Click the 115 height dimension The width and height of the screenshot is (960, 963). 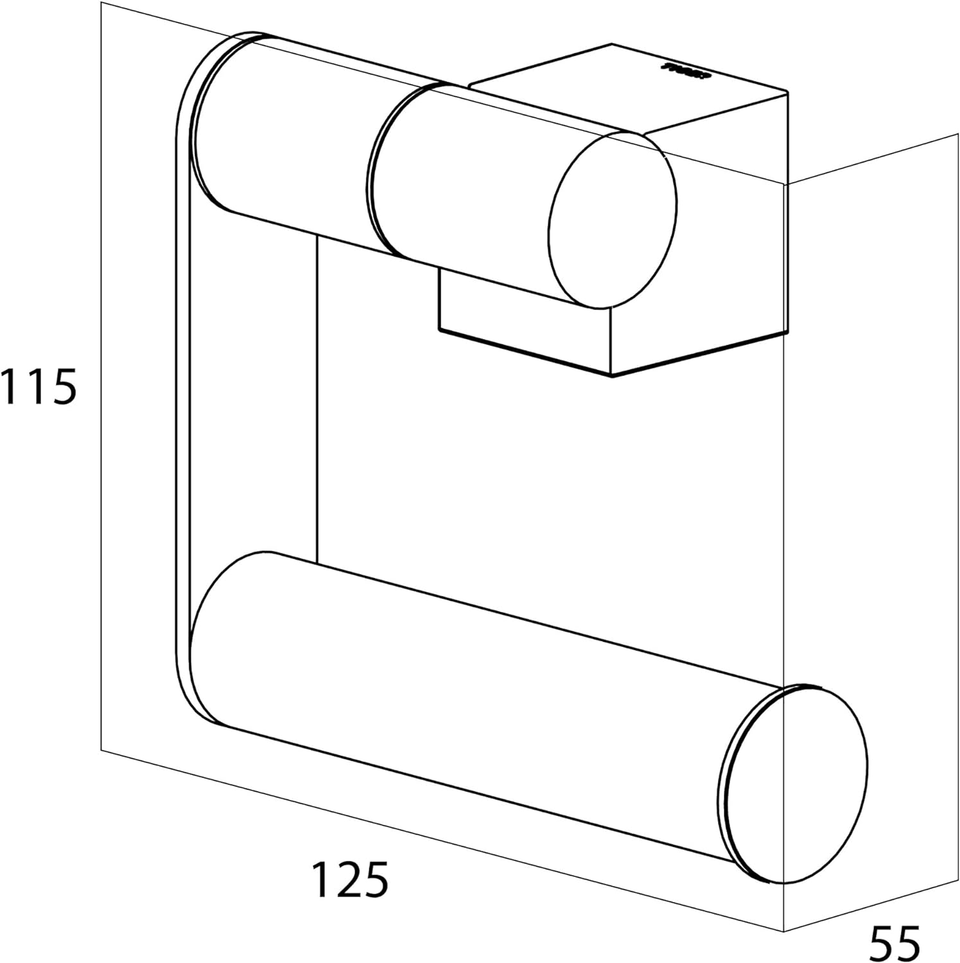click(39, 387)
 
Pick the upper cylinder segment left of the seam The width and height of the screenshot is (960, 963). click(289, 135)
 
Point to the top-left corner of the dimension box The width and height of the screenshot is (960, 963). click(102, 3)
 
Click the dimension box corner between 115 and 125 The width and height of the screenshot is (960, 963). click(102, 749)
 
